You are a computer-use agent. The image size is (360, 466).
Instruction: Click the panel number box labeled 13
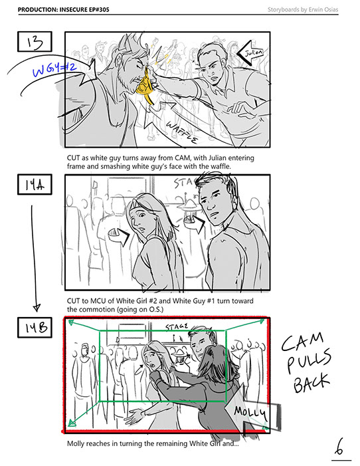tap(35, 42)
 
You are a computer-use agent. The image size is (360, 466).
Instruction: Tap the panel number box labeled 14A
tap(35, 185)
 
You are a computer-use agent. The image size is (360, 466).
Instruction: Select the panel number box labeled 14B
tap(35, 328)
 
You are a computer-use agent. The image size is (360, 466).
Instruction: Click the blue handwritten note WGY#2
tap(54, 70)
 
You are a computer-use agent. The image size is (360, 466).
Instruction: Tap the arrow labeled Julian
tap(250, 53)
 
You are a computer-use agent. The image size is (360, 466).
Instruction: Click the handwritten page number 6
tap(339, 447)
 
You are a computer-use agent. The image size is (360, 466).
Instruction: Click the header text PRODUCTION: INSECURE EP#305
tap(64, 9)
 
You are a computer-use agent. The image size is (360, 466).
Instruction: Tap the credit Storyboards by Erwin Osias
tap(303, 9)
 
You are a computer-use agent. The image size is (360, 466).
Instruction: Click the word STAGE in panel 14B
tap(177, 327)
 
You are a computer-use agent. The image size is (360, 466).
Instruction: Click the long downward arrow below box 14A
tap(34, 258)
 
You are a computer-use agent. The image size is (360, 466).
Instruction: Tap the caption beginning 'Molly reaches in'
tap(153, 443)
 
